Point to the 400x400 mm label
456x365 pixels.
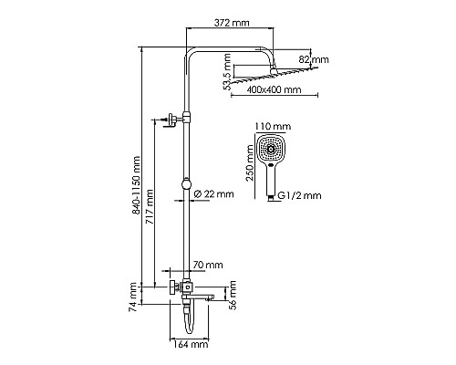[275, 91]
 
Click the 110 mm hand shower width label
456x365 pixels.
[273, 127]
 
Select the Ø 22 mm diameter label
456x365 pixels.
[216, 193]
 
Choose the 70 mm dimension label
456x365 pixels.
[209, 265]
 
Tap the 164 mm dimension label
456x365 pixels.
[190, 345]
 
